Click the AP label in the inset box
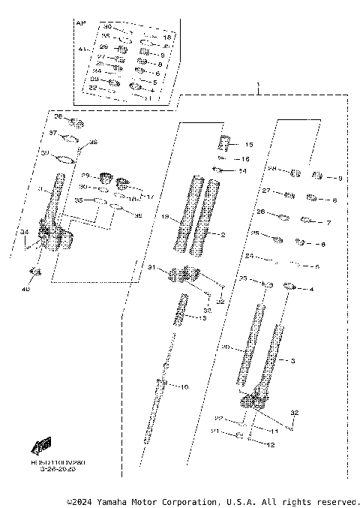[80, 23]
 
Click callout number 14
[242, 171]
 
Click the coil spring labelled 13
[181, 308]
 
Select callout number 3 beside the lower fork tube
[292, 361]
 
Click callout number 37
[53, 133]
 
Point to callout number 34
[24, 232]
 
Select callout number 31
[152, 268]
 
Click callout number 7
[328, 223]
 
